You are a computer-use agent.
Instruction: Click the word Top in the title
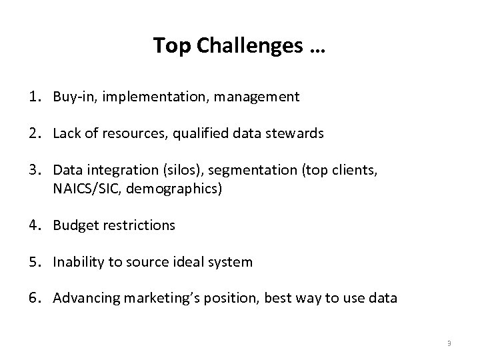(167, 46)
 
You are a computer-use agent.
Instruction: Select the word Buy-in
(71, 97)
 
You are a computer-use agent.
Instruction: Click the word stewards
(297, 133)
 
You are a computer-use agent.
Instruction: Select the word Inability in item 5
(77, 262)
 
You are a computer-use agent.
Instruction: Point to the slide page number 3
(449, 343)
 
